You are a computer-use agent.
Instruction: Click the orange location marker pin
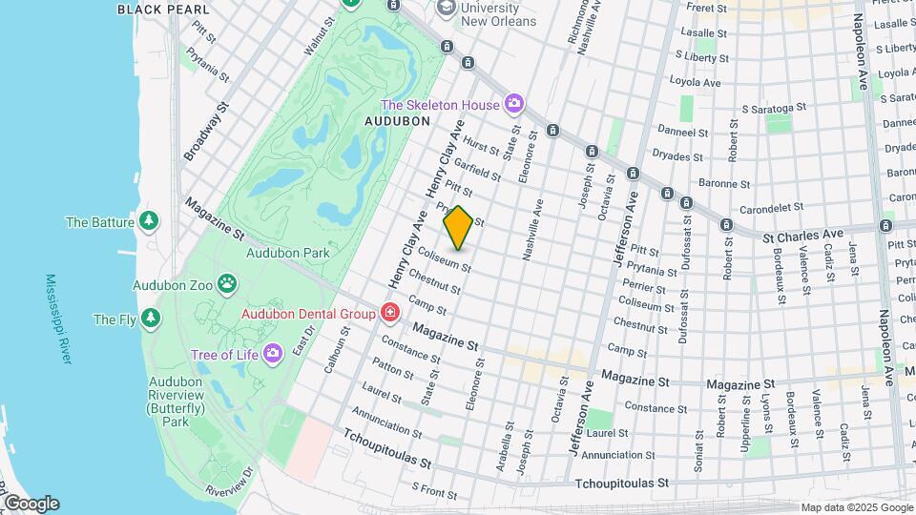(458, 228)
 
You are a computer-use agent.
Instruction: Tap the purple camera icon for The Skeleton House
(514, 103)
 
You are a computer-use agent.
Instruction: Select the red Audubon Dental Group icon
(389, 313)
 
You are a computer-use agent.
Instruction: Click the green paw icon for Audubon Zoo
(227, 283)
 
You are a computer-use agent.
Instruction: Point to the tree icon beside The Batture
(148, 222)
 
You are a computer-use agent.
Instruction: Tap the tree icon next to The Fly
(151, 319)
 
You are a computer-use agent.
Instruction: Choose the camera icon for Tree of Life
(273, 355)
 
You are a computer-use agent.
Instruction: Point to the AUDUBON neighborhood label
(396, 121)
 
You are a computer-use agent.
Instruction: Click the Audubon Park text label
(287, 253)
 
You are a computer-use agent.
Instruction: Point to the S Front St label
(434, 490)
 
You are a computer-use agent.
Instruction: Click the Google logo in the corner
(31, 503)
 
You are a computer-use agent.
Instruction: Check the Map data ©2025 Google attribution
(857, 507)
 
